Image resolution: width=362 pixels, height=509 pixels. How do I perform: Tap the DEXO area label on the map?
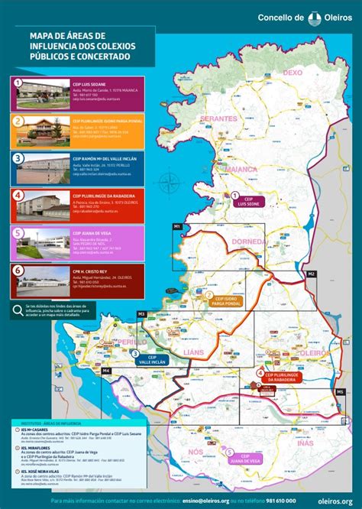293,73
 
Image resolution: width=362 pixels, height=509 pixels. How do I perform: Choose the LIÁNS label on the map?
195,351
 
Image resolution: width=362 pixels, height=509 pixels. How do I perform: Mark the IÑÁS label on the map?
305,443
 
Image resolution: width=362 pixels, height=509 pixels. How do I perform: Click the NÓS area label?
196,452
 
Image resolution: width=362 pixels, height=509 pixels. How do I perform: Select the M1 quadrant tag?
177,226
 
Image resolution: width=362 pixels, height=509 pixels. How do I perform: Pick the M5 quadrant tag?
340,391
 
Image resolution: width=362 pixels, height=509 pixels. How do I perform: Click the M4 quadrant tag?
106,371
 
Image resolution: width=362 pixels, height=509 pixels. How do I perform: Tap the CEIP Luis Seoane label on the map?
249,202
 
